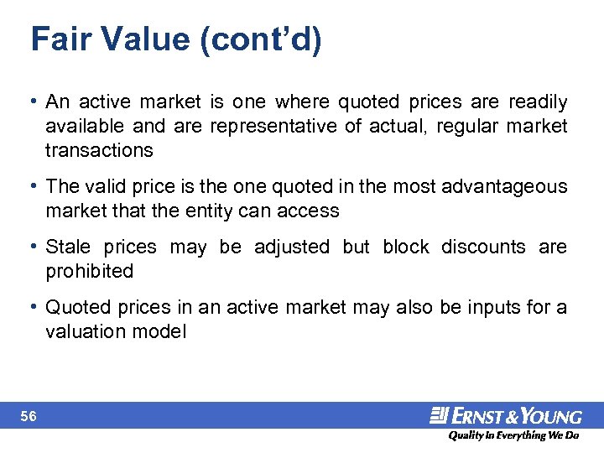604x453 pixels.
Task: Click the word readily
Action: [536, 102]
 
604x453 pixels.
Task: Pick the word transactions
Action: [100, 150]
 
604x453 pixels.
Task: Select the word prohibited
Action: [90, 271]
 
